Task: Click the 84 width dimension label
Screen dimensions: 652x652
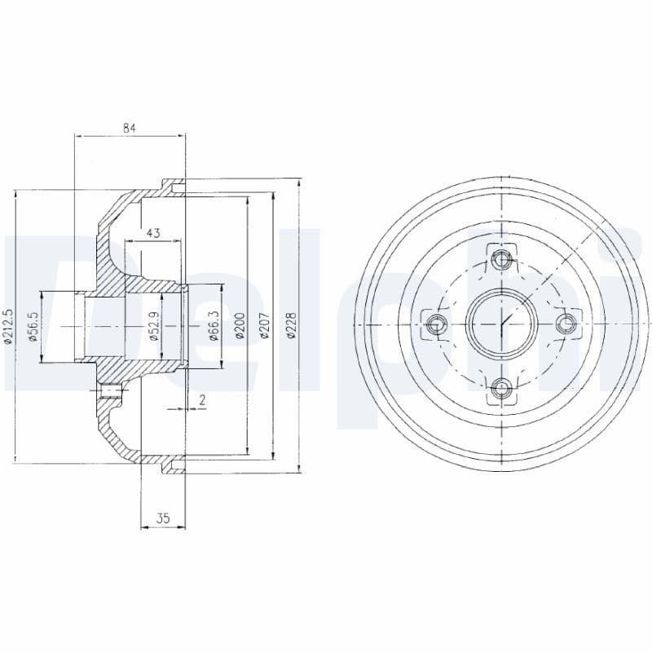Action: (x=129, y=127)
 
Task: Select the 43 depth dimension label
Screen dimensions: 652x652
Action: (x=153, y=233)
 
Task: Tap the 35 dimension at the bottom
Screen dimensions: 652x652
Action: (x=163, y=518)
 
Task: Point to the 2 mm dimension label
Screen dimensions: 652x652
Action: (x=200, y=399)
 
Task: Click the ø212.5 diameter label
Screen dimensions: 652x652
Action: (x=8, y=326)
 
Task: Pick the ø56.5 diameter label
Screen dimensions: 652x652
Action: (x=33, y=326)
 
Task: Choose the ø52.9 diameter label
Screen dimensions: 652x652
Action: (x=153, y=326)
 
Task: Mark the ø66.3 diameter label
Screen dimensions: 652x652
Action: (x=213, y=326)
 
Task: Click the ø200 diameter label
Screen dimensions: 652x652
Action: (x=239, y=326)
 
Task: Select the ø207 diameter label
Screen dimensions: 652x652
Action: (x=263, y=326)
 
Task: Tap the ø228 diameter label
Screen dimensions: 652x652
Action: (x=290, y=326)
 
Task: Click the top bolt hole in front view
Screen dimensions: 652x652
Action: (x=501, y=260)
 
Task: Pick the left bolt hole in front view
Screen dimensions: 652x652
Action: (x=437, y=324)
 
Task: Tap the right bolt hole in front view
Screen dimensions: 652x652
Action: (x=565, y=324)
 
